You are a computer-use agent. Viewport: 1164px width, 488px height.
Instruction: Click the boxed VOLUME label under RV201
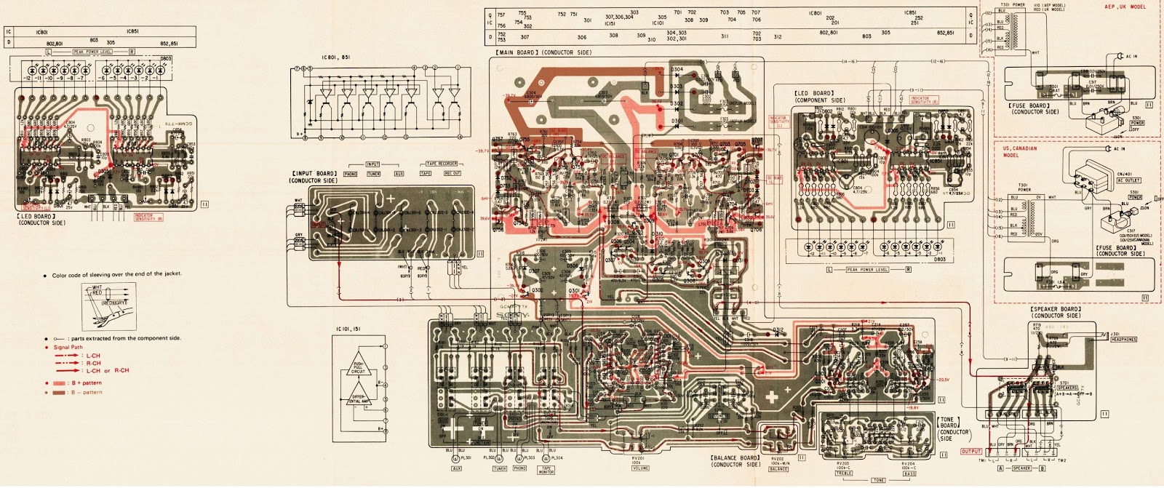point(640,468)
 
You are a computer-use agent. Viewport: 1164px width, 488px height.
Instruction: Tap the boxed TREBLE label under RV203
point(843,473)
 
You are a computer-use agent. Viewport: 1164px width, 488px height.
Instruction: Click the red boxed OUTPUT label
point(971,452)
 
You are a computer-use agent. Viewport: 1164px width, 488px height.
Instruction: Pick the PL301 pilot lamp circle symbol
point(455,459)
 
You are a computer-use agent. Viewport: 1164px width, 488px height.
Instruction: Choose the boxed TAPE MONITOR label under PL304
point(546,471)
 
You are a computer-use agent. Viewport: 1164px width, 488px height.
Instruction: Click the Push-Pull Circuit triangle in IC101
point(359,367)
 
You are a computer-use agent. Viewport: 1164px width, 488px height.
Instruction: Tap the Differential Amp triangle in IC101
point(359,399)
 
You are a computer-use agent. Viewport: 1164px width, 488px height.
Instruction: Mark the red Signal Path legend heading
point(68,347)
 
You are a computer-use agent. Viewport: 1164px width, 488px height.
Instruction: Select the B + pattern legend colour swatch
point(59,383)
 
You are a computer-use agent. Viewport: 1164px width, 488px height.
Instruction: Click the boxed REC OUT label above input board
point(453,174)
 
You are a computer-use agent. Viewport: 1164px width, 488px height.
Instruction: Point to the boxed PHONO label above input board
point(350,174)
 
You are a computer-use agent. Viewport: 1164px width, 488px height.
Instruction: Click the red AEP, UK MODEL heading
point(1125,7)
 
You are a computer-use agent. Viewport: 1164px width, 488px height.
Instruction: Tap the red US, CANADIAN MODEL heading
point(1020,151)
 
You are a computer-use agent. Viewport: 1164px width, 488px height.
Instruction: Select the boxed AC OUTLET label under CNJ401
point(1108,180)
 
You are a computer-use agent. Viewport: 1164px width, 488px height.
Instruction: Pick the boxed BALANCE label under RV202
point(778,469)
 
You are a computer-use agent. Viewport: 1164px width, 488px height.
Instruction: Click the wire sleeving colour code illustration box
point(110,305)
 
